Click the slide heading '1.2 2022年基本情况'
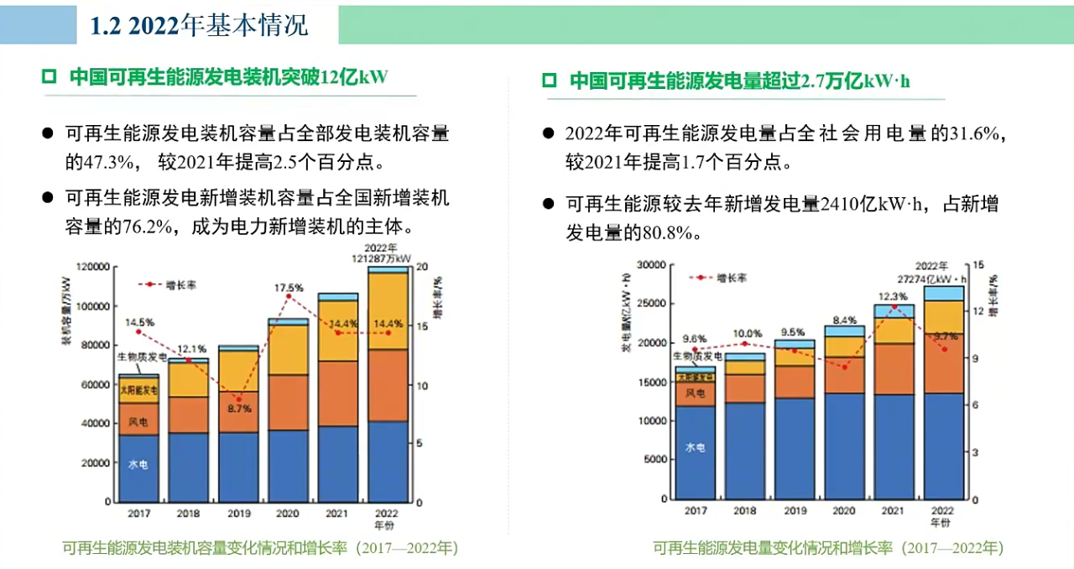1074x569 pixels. (x=199, y=25)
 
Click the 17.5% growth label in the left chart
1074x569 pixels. (x=288, y=289)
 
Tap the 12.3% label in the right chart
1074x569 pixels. (x=893, y=296)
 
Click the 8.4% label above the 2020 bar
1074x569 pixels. (x=845, y=320)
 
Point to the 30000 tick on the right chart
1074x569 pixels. (x=649, y=265)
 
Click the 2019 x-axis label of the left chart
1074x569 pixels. (x=237, y=513)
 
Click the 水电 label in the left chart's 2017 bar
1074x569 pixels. (x=138, y=464)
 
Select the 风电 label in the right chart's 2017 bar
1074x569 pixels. (x=695, y=393)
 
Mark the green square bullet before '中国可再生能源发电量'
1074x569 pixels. (x=550, y=81)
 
